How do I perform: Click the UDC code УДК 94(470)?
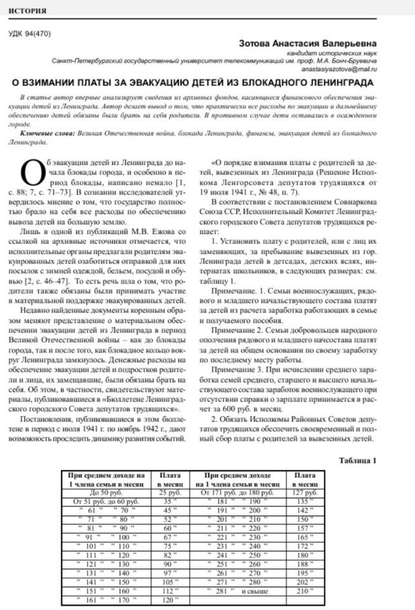tap(29, 34)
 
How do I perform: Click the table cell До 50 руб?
tap(104, 492)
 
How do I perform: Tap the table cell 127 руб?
tap(302, 492)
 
